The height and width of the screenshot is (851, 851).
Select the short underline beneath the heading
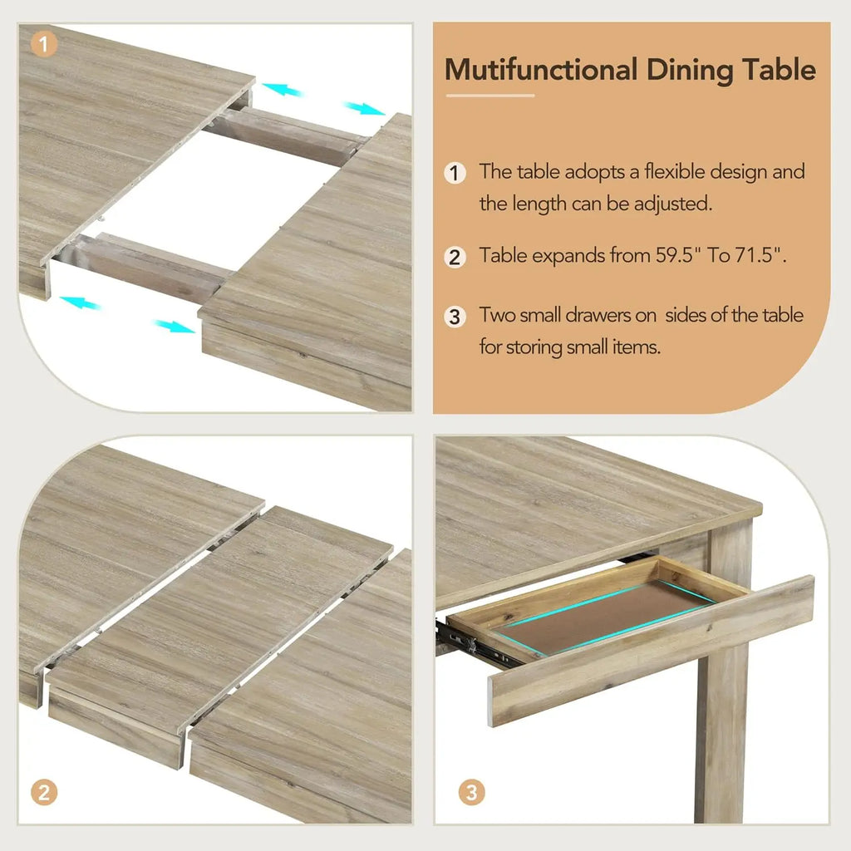tap(489, 96)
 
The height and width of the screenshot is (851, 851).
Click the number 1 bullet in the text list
tap(454, 173)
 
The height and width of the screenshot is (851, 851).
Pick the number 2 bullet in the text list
tap(454, 256)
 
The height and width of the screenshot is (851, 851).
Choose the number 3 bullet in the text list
tap(454, 317)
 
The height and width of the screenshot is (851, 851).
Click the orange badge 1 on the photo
tap(44, 42)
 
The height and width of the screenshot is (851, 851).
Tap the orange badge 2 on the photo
tap(44, 792)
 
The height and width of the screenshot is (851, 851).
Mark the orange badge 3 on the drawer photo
tap(471, 792)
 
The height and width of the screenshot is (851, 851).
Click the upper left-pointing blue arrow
tap(281, 88)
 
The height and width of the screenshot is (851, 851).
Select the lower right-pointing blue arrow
tap(175, 326)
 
